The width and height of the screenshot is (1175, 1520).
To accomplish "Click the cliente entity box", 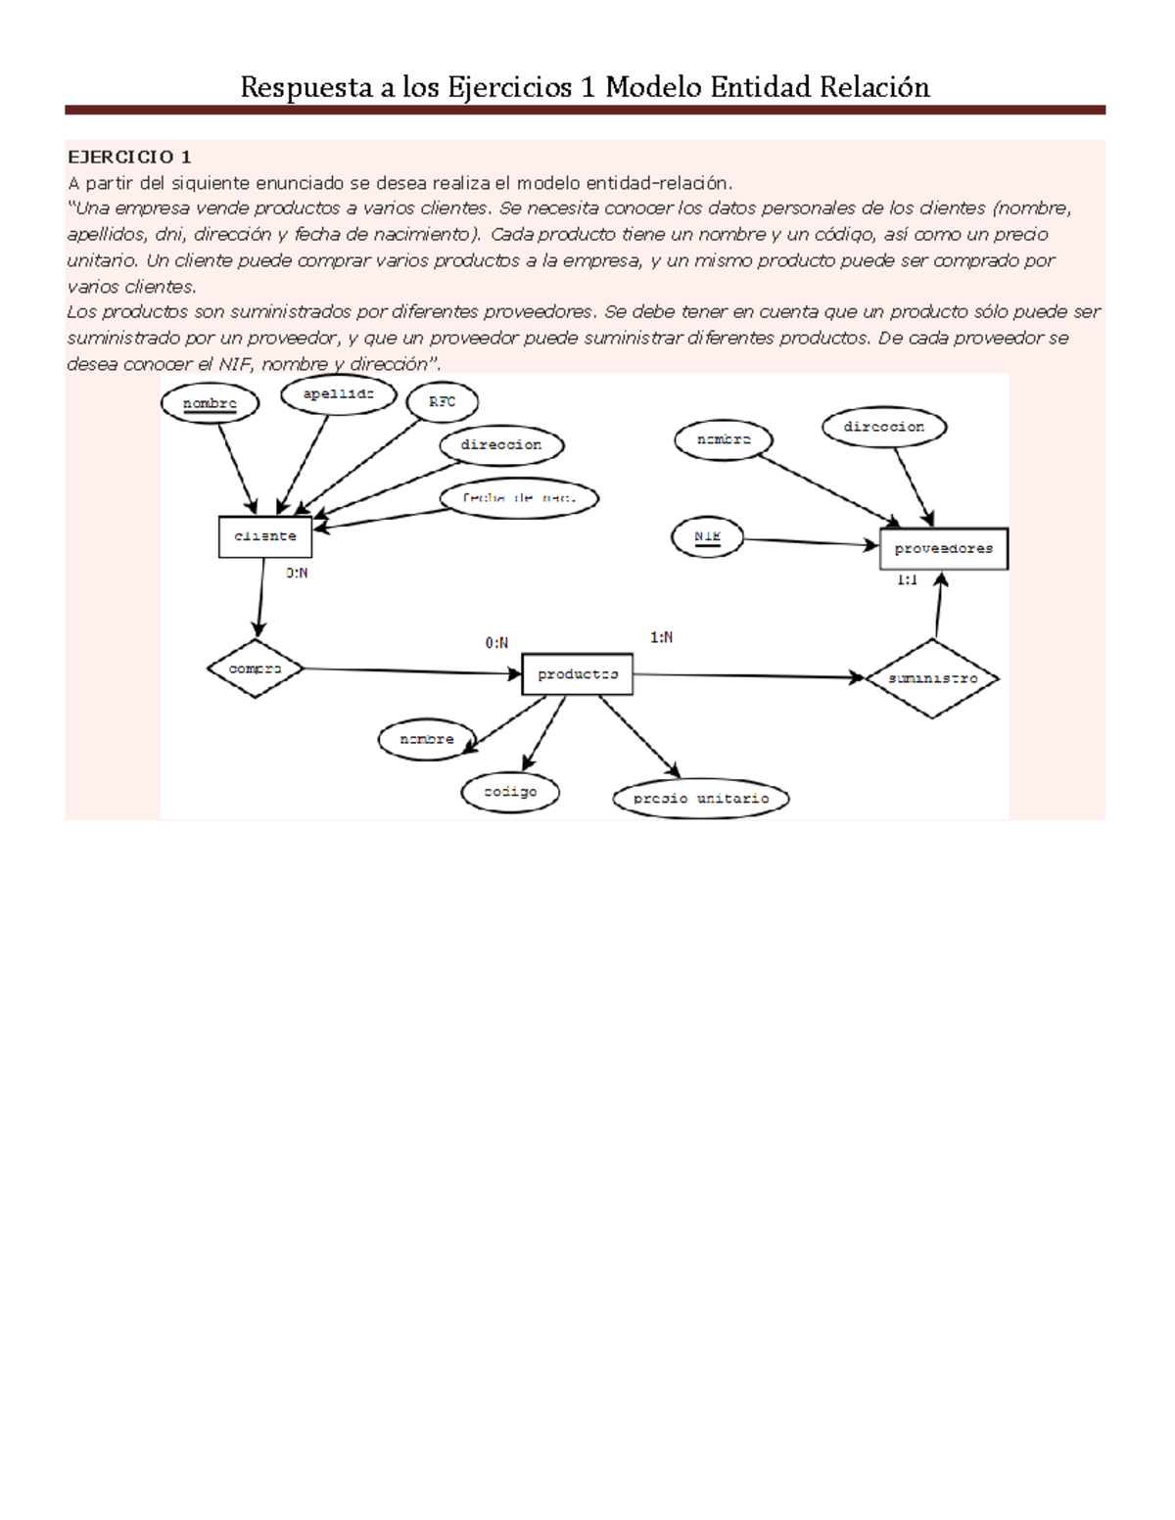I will (x=264, y=536).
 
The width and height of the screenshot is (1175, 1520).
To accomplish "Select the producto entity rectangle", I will (x=577, y=674).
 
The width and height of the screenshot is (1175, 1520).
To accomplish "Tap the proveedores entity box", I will (x=943, y=549).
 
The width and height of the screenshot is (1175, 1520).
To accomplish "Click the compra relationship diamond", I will (x=255, y=669).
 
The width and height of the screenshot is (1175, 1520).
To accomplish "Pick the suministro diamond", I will (x=932, y=678).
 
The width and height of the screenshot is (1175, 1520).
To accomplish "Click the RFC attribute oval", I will (x=442, y=402).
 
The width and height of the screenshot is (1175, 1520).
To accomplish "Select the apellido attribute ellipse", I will (x=338, y=394).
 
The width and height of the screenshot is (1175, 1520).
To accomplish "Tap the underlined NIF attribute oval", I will (x=707, y=537).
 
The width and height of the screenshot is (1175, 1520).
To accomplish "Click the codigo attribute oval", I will (x=510, y=792).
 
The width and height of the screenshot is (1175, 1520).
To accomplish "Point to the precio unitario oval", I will (x=701, y=799).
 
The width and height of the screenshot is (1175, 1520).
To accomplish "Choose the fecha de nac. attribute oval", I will (x=518, y=498).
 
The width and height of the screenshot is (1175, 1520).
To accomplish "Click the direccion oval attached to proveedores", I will (x=883, y=428).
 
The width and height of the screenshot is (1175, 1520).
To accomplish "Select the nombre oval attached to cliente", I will (x=210, y=403).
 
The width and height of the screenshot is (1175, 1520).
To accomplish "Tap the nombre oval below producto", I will (x=427, y=740).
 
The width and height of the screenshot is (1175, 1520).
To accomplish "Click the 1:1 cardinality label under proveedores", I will (x=907, y=580).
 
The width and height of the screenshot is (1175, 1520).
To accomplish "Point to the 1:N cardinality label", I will (x=661, y=638).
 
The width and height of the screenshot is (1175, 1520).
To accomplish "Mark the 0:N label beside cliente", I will (x=297, y=574).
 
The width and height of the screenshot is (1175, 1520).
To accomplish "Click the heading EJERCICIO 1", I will (x=129, y=157).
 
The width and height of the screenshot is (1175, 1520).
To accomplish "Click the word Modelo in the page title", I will (x=653, y=88).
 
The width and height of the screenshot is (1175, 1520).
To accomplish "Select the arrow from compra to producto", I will (x=411, y=671).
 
